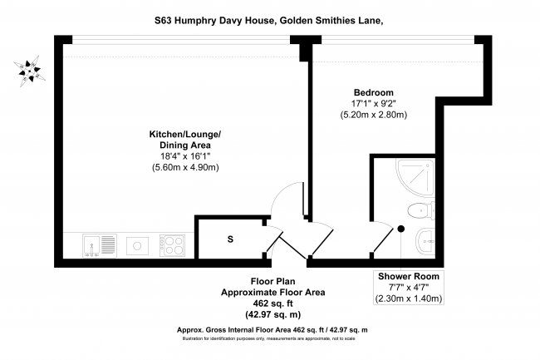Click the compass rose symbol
(x=31, y=71)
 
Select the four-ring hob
(x=172, y=245)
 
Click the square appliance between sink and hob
(x=133, y=245)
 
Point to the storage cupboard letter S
(x=229, y=241)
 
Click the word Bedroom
(x=373, y=91)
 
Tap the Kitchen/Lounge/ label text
(x=184, y=134)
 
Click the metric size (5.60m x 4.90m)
(x=184, y=167)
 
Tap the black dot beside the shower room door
(x=400, y=228)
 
